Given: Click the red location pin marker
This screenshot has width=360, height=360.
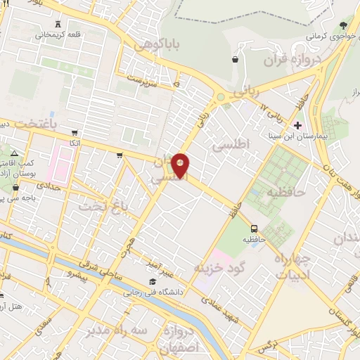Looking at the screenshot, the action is click(x=181, y=165).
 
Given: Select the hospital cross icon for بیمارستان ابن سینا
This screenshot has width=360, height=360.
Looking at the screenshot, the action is click(x=297, y=126).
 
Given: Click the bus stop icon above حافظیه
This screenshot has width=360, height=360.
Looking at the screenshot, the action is click(x=255, y=229).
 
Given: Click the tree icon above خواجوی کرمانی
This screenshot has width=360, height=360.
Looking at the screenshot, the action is click(x=342, y=25).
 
